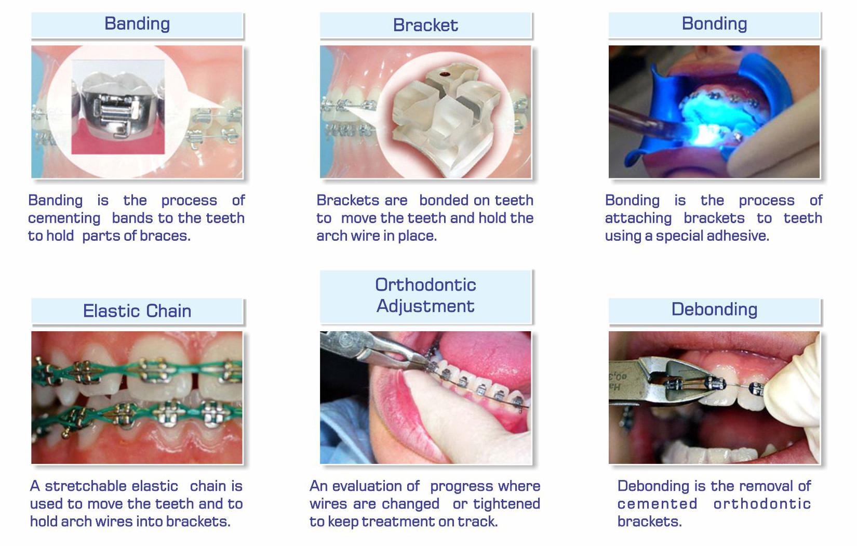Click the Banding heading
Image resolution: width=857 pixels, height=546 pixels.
(137, 24)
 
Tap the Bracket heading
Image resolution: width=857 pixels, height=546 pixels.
(425, 25)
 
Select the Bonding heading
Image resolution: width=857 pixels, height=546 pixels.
(714, 24)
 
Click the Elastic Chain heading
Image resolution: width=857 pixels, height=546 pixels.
(137, 311)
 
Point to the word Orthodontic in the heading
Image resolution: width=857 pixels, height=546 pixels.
(425, 284)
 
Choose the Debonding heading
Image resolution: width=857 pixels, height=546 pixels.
(714, 309)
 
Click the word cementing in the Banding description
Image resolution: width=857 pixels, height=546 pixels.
(64, 218)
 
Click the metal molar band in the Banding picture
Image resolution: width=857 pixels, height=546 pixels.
(118, 109)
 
